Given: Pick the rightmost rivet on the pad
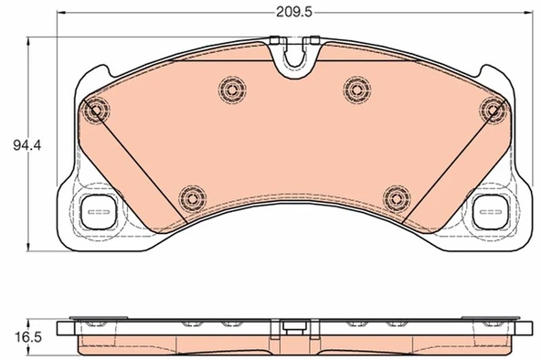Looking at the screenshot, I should click(493, 111).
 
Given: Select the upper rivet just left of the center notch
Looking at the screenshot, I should click(230, 89).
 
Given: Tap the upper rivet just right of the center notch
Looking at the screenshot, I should click(356, 89).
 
